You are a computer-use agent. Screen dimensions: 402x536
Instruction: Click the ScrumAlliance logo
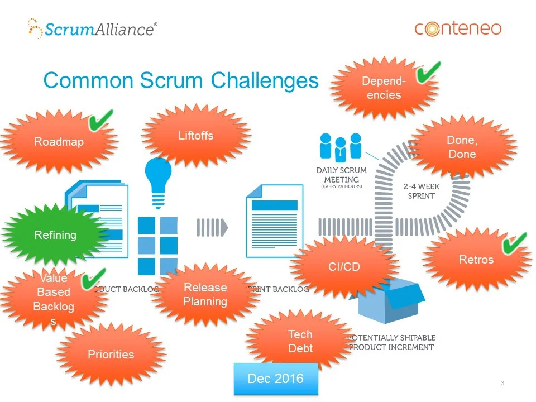point(92,28)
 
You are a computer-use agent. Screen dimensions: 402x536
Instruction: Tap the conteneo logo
point(458,28)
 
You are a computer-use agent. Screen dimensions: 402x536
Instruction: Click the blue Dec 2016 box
point(275,379)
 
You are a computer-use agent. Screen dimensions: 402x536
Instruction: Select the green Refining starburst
point(55,235)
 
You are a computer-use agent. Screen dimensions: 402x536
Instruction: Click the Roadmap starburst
point(59,142)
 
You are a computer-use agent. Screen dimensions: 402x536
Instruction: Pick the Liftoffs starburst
point(196,136)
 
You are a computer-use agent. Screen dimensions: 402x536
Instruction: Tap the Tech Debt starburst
point(300,342)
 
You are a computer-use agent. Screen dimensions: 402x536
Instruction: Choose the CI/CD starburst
point(344,267)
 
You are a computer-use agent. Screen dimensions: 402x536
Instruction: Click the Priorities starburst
point(111,355)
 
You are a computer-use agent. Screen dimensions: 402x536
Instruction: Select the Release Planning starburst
point(205,295)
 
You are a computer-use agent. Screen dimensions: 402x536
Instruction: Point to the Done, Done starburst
point(462,147)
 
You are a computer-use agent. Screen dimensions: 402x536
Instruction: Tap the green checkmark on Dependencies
point(428,72)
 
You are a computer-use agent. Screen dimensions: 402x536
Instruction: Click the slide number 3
point(502,383)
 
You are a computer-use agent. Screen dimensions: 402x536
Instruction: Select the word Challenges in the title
point(265,80)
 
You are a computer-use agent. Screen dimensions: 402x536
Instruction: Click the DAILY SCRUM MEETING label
point(341,175)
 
